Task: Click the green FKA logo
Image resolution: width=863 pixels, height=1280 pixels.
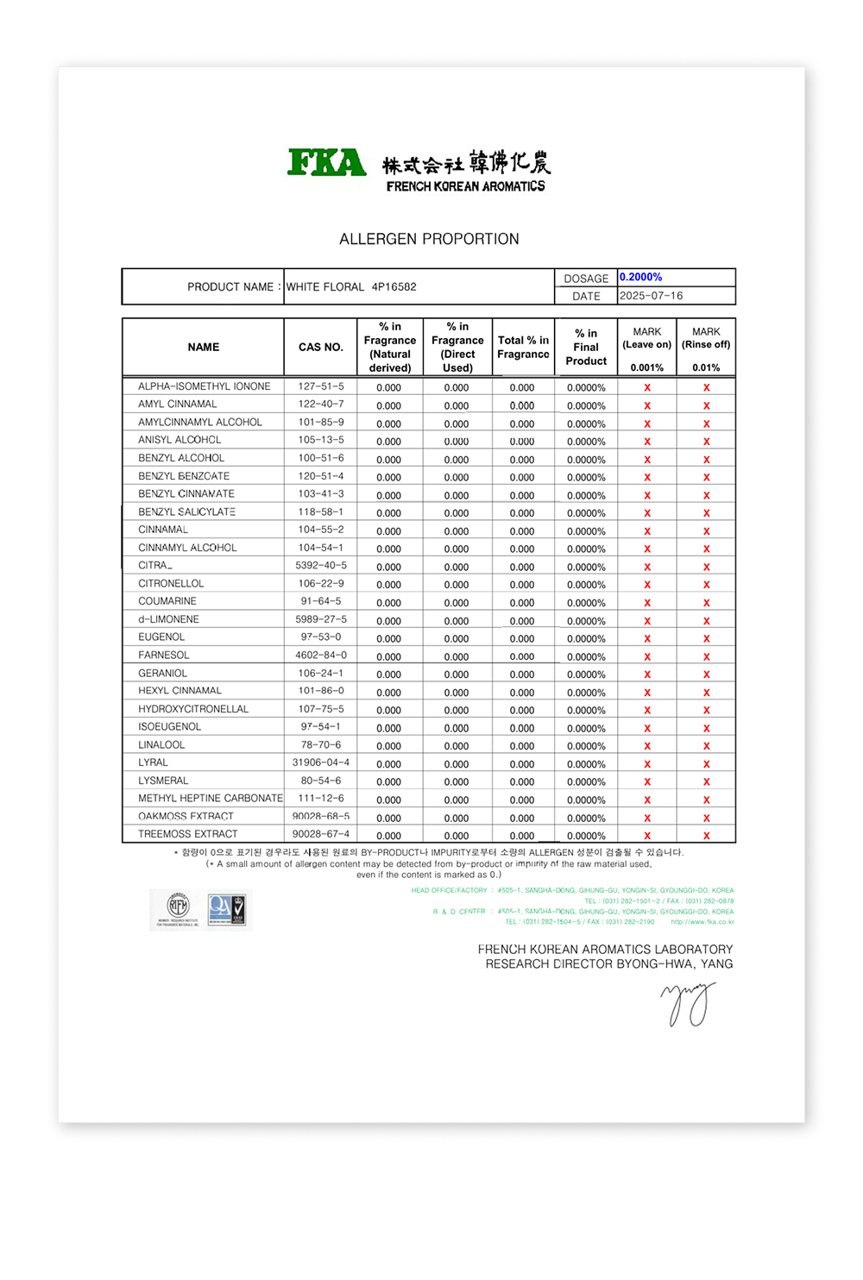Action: click(327, 162)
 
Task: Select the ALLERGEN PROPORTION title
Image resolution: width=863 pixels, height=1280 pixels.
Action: click(429, 239)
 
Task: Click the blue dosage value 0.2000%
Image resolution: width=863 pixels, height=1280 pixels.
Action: click(641, 277)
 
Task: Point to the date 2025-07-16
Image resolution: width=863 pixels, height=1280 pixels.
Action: click(651, 296)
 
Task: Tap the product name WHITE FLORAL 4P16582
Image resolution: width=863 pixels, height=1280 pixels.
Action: click(351, 287)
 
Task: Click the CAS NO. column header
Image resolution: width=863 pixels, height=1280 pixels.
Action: click(321, 347)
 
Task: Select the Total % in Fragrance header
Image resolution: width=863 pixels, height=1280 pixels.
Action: click(523, 347)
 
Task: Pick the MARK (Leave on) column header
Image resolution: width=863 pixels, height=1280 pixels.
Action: click(647, 338)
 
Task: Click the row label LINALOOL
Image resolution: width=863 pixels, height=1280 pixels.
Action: click(161, 744)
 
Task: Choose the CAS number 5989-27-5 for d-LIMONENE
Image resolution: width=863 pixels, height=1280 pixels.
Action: click(321, 619)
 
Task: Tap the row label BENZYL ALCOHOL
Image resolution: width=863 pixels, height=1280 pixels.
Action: click(181, 458)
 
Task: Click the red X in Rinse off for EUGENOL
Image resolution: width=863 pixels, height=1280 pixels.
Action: click(706, 638)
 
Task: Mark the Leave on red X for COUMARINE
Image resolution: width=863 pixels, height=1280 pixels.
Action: click(647, 602)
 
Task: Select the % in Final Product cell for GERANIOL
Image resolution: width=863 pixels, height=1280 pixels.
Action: click(586, 675)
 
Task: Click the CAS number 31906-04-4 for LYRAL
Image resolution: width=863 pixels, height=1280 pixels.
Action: click(321, 762)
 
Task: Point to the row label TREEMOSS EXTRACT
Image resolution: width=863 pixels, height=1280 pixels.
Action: click(187, 834)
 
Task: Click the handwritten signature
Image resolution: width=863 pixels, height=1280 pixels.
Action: click(689, 1004)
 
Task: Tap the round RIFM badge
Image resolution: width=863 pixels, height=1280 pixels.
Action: click(178, 907)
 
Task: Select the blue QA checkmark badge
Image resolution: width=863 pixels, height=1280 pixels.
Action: click(227, 909)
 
